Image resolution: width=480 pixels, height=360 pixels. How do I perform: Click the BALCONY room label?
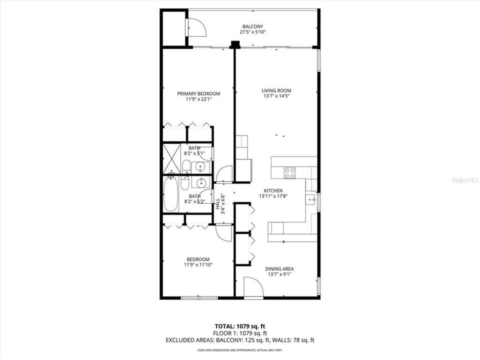point(252,26)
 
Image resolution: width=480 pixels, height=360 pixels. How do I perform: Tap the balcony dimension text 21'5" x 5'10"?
point(252,32)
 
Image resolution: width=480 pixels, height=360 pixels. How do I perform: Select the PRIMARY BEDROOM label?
point(198,93)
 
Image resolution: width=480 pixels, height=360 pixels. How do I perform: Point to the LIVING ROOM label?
point(276,91)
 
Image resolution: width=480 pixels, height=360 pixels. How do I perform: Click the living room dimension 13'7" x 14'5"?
point(276,96)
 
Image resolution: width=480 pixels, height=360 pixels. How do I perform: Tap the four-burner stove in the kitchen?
point(289,173)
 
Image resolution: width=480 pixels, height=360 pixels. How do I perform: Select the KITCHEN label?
point(273,190)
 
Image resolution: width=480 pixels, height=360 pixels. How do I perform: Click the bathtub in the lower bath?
point(170,194)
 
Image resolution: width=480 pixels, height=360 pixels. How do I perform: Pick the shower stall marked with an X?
point(171,158)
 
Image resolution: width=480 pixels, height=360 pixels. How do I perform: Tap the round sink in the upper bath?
point(202,166)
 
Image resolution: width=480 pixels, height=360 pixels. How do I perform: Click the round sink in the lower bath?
point(202,182)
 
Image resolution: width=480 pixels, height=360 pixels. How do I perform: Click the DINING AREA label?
point(278,268)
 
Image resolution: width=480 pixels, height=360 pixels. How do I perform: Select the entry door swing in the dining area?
point(253,287)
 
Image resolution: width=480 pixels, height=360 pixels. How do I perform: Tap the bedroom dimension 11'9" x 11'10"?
point(198,265)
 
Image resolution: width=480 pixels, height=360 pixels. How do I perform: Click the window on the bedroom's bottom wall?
point(199,298)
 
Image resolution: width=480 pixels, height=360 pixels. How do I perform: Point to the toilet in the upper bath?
point(185,166)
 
